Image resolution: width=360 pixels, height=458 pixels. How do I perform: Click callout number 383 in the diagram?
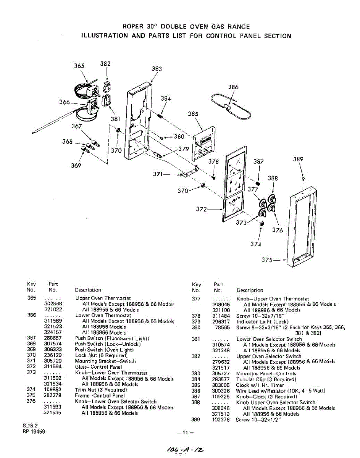click(x=157, y=69)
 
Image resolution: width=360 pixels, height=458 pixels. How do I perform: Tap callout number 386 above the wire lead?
click(x=233, y=87)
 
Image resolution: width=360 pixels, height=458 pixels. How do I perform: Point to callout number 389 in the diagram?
click(x=298, y=159)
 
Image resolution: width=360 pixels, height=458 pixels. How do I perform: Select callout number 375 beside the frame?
click(x=267, y=260)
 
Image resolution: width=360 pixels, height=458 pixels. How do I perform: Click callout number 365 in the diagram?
click(x=79, y=66)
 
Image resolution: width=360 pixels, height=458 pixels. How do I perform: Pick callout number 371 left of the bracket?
click(x=158, y=174)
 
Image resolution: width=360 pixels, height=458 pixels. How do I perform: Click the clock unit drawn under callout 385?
click(x=202, y=143)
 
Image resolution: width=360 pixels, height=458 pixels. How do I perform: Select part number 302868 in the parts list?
click(x=53, y=304)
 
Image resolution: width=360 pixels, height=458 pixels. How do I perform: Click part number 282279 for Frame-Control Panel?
click(x=53, y=396)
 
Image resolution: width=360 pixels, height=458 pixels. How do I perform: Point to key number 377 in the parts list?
click(x=196, y=299)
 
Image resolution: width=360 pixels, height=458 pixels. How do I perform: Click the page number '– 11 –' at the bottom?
click(x=186, y=433)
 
